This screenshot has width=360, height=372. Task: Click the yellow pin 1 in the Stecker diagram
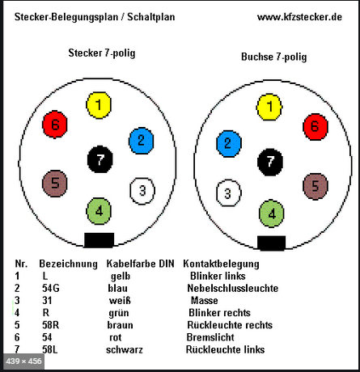point(99,105)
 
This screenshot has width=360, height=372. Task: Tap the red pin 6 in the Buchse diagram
point(316,127)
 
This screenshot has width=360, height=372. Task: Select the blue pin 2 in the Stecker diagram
point(142,141)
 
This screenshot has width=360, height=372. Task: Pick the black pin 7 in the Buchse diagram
point(270,162)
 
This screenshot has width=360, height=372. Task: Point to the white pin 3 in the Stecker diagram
point(142,191)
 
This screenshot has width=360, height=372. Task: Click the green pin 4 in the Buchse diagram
point(272,213)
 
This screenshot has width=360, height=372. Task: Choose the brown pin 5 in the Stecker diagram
point(55,184)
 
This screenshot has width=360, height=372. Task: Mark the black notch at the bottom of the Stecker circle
point(100,240)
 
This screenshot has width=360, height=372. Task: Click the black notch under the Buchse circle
point(272,243)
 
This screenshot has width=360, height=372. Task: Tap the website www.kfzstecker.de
point(299,17)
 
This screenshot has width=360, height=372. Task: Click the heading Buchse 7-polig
point(273,57)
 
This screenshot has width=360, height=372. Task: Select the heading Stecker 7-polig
point(102,53)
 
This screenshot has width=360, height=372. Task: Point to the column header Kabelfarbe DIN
point(140,264)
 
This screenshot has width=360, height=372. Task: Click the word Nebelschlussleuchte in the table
point(233,288)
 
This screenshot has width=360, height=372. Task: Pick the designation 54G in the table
point(51,288)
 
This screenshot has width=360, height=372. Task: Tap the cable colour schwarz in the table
point(125,349)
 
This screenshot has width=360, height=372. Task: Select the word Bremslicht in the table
point(210,337)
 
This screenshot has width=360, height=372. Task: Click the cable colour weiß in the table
point(120,300)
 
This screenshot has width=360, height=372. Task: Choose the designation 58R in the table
point(50,325)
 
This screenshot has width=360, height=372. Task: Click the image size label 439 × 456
point(23,361)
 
